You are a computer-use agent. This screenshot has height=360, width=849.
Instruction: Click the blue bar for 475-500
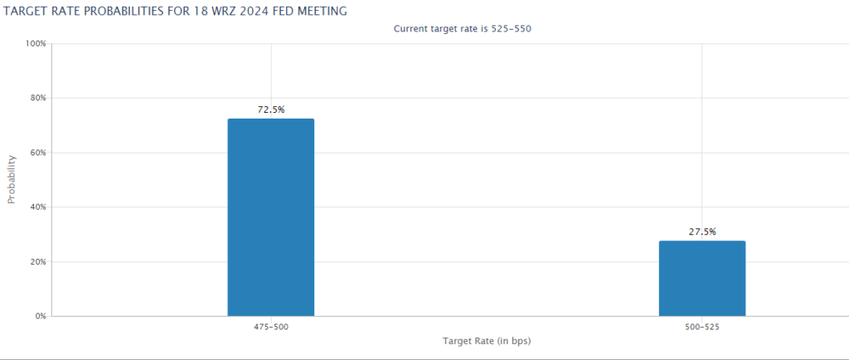click(270, 217)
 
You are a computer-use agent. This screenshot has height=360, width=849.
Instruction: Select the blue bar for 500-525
click(701, 278)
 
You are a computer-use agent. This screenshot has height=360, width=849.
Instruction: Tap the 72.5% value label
click(270, 109)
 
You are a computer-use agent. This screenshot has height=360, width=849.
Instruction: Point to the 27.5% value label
click(701, 232)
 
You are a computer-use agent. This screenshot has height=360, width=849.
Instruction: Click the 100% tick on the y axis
click(35, 43)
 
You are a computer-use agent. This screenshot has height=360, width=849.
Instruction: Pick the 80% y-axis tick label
click(37, 98)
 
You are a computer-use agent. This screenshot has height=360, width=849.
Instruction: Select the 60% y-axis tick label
click(37, 153)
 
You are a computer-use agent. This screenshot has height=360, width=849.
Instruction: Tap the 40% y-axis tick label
click(37, 207)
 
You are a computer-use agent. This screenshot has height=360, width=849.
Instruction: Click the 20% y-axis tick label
click(37, 261)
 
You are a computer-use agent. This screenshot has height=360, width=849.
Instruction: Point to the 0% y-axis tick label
click(40, 316)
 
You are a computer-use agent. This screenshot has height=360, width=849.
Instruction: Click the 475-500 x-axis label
click(270, 327)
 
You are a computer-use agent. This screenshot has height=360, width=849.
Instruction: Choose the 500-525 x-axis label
click(701, 327)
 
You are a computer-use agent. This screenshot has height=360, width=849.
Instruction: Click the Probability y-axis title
click(12, 179)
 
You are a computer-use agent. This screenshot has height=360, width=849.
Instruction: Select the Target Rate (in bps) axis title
click(487, 341)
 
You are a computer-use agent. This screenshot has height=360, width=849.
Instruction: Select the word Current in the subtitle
click(410, 29)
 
